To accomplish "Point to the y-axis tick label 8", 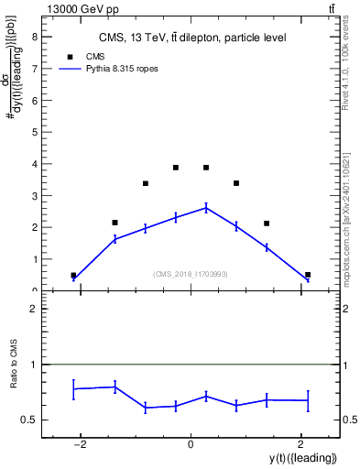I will (34, 37).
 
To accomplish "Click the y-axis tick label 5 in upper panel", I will (34, 132).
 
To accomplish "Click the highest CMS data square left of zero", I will (176, 168).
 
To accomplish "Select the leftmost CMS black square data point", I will (73, 275).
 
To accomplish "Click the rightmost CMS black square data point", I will (308, 275).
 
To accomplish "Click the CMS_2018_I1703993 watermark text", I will (191, 274).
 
